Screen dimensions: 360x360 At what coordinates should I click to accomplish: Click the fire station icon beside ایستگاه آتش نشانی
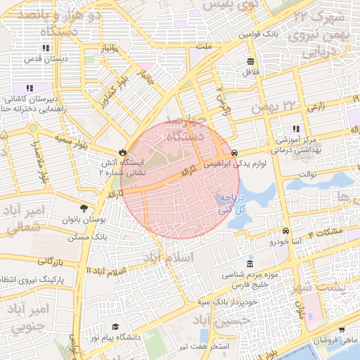coord(123,151)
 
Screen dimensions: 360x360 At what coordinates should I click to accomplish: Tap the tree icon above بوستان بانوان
coord(84,209)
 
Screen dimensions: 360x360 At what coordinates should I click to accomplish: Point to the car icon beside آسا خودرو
coord(285,231)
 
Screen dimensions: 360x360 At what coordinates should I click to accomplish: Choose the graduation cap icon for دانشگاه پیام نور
coord(115,327)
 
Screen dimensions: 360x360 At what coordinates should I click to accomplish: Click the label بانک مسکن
coord(88,238)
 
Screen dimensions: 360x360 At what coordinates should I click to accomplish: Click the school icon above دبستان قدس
coord(46,49)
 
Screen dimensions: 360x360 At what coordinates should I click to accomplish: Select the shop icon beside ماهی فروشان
coord(341,329)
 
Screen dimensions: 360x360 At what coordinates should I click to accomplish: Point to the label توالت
coord(308,174)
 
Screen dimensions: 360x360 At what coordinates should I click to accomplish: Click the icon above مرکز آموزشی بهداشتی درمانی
coord(296,129)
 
